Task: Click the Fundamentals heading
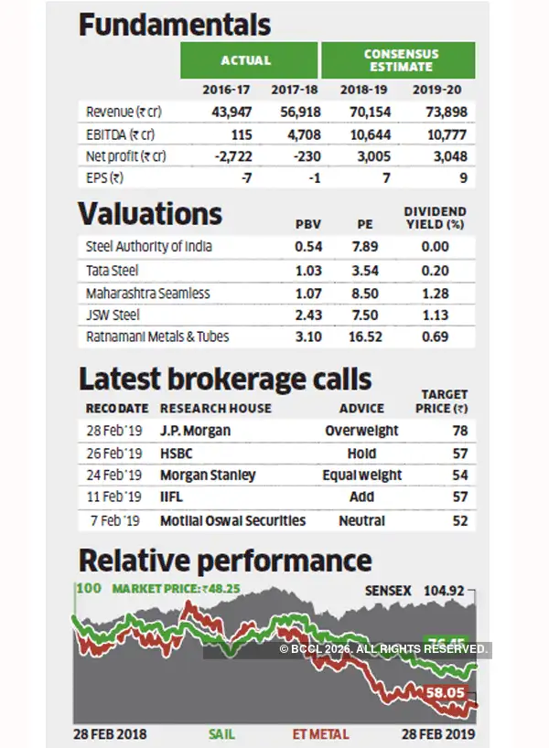[175, 25]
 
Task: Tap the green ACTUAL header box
[245, 60]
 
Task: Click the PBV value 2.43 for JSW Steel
[307, 314]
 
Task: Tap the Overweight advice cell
[361, 430]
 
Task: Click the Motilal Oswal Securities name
[232, 520]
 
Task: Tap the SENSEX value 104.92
[447, 591]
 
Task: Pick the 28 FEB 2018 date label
[110, 733]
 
